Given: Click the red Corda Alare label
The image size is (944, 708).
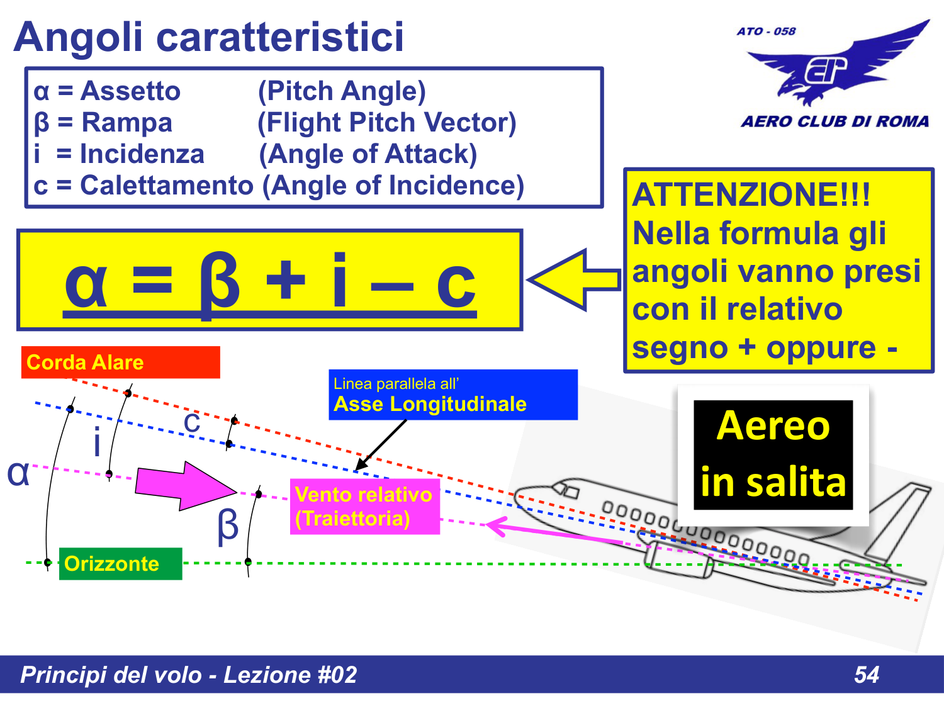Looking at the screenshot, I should click(120, 362).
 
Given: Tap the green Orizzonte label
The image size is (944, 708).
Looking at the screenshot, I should click(120, 564).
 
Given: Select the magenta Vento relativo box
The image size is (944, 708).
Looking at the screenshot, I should click(364, 507).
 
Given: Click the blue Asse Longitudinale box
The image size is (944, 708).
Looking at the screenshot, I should click(452, 395).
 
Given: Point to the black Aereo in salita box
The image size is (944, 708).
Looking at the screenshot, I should click(773, 455).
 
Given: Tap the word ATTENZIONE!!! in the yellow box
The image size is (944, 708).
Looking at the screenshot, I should click(751, 194).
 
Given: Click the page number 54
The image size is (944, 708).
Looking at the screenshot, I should click(866, 675).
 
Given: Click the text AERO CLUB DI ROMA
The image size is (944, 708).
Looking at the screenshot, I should click(834, 121).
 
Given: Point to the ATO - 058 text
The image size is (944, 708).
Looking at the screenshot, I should click(766, 31).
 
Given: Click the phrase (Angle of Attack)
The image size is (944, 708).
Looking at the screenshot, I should click(368, 154).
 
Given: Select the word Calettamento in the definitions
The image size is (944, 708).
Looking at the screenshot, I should click(167, 186).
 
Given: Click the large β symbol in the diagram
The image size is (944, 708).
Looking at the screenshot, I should click(228, 525).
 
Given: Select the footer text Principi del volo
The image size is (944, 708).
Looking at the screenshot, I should click(111, 675).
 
